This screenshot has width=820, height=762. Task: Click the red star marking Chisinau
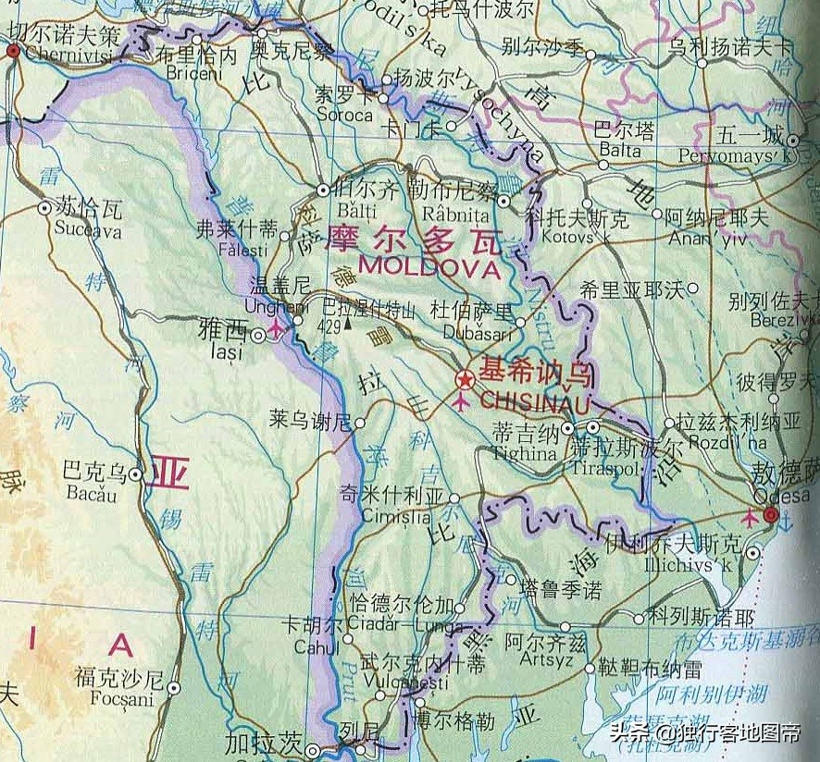pos(465,380)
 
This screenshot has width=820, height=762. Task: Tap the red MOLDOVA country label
pos(429,268)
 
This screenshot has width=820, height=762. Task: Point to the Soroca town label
pos(344,116)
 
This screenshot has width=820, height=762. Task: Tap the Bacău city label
pos(92,493)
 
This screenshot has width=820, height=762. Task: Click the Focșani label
pos(122,699)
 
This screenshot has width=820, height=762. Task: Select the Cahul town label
pos(317,647)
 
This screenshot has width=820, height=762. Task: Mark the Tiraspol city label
pos(606,469)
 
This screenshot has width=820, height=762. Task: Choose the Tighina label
pos(525,454)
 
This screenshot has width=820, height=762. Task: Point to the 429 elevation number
pos(329,326)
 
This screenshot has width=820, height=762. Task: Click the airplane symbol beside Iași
pos(276,333)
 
